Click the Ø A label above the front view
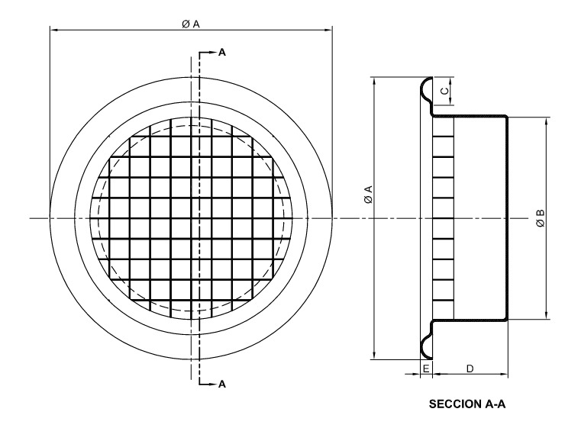191,24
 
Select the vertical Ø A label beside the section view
368,195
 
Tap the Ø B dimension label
540,218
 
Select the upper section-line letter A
222,53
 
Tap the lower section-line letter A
222,385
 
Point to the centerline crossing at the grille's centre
191,218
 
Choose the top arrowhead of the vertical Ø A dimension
374,82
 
